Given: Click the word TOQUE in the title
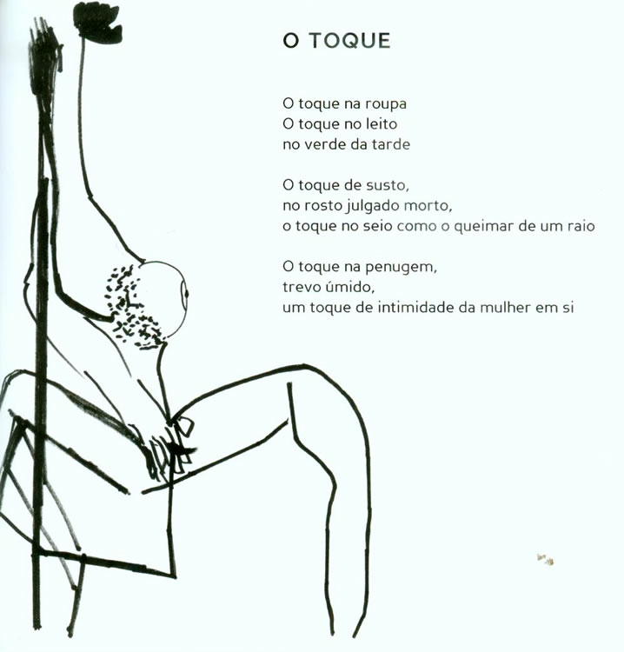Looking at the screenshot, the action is coord(349,41).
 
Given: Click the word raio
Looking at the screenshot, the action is coord(581,226).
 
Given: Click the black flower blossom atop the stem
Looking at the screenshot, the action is coord(97,23).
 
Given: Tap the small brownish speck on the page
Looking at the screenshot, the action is coord(546,559).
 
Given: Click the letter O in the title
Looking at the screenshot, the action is coord(291,41).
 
